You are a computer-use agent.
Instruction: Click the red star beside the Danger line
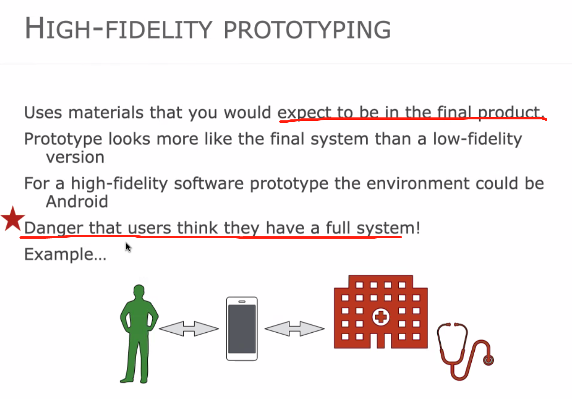click(x=13, y=219)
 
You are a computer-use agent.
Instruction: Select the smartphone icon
click(x=242, y=329)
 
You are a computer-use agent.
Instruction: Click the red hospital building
click(x=380, y=312)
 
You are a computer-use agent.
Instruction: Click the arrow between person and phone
click(x=189, y=329)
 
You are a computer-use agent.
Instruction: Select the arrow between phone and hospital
click(x=294, y=329)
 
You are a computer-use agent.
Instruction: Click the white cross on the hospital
click(x=380, y=317)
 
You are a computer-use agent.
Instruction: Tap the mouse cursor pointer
click(x=128, y=247)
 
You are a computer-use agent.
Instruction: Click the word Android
click(x=77, y=202)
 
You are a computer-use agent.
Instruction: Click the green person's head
click(x=139, y=291)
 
